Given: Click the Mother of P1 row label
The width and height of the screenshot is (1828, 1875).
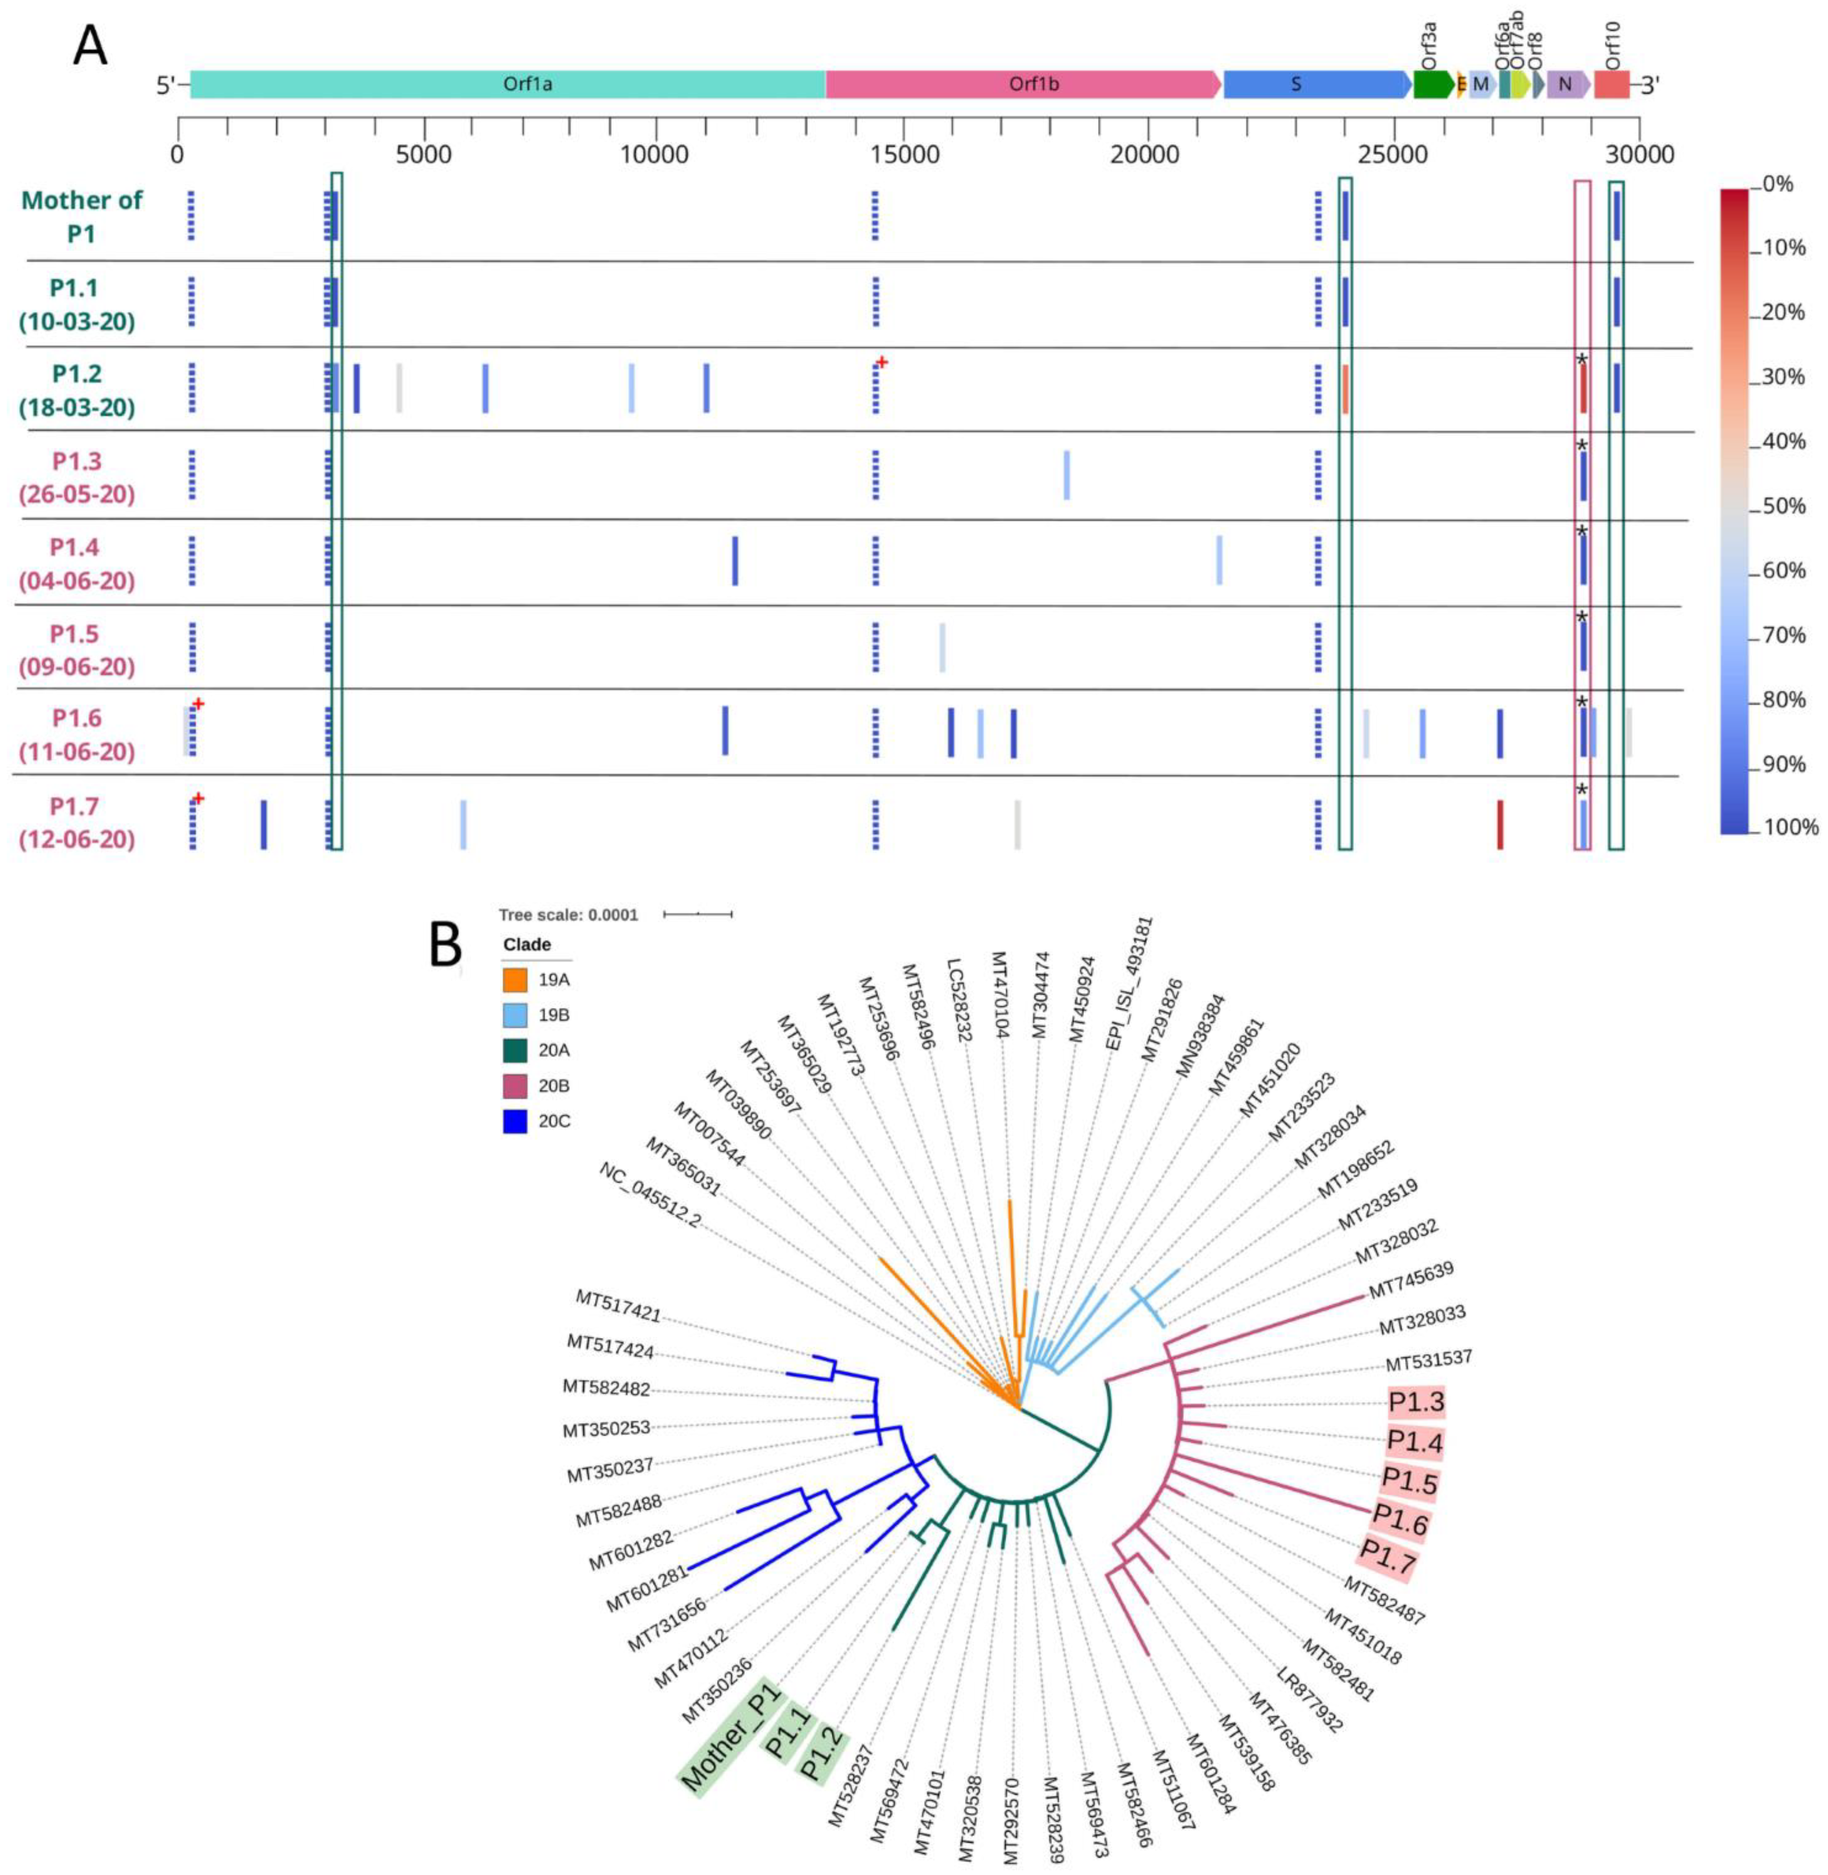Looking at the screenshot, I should [x=81, y=216].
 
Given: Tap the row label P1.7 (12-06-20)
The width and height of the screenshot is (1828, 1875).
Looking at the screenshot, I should [x=77, y=822].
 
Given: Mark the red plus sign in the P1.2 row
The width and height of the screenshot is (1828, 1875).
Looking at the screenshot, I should [x=881, y=362].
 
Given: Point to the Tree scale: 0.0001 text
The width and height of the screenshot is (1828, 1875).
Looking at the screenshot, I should [x=569, y=914].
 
